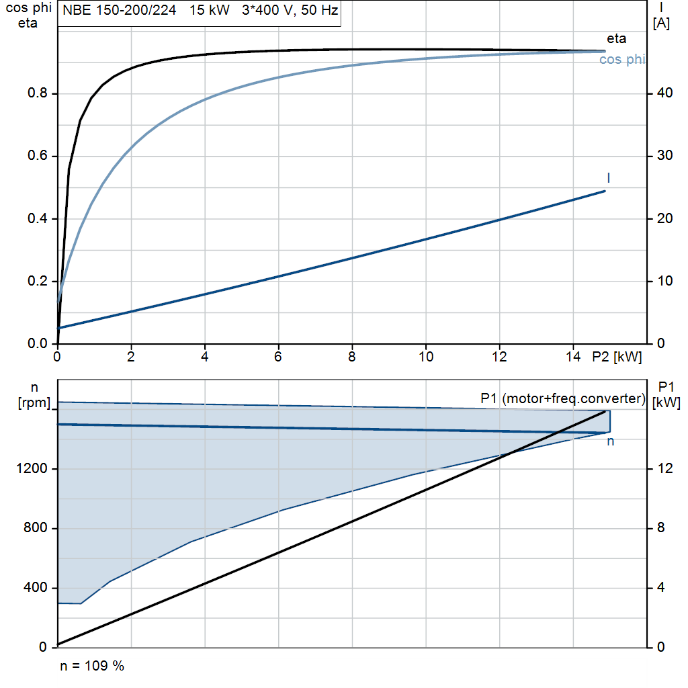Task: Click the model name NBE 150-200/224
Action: [120, 10]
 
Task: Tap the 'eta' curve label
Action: [617, 38]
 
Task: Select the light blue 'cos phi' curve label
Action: [622, 59]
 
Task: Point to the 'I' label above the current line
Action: [609, 177]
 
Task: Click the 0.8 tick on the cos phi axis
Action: [38, 93]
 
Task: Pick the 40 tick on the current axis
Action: [664, 93]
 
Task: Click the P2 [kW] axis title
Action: [617, 357]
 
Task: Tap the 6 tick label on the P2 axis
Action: [277, 357]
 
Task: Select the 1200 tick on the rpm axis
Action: [32, 468]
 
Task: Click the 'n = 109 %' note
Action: [92, 666]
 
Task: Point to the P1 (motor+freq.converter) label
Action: [563, 398]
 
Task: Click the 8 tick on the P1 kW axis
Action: [661, 527]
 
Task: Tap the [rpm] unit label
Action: [34, 403]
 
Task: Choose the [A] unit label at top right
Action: [661, 24]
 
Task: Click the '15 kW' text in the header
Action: [210, 10]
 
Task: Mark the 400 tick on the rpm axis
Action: [36, 587]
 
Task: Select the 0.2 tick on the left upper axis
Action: [38, 281]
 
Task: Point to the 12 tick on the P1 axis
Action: [664, 468]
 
